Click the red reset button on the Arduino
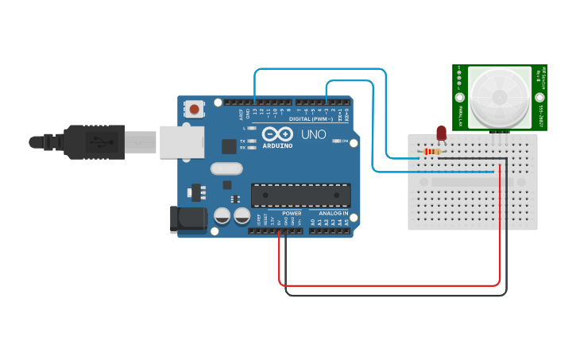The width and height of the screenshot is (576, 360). pyautogui.click(x=194, y=109)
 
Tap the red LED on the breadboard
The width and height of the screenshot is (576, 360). pyautogui.click(x=441, y=133)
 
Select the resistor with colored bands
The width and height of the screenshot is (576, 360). pyautogui.click(x=431, y=152)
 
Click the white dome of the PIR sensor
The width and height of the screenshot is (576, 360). pyautogui.click(x=500, y=96)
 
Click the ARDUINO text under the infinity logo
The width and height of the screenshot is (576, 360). pyautogui.click(x=277, y=145)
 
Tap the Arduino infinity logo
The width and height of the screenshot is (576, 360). pyautogui.click(x=277, y=134)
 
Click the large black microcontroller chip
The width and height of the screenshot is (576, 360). pyautogui.click(x=300, y=195)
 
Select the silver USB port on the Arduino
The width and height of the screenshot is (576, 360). pyautogui.click(x=182, y=141)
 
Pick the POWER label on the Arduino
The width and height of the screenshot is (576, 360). pyautogui.click(x=292, y=214)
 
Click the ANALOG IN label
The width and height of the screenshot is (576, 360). pyautogui.click(x=334, y=214)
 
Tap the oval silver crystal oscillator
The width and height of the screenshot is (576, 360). pyautogui.click(x=226, y=168)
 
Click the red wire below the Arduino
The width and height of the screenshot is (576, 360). pyautogui.click(x=389, y=284)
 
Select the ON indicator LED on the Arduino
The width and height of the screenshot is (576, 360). pyautogui.click(x=336, y=141)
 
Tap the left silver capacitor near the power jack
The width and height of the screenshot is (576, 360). pyautogui.click(x=222, y=215)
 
